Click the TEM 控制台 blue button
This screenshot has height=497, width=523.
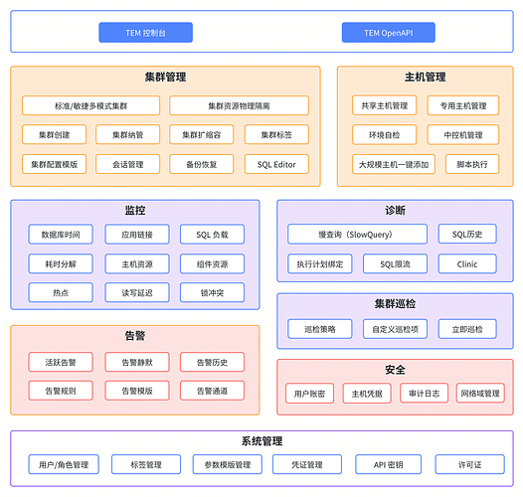pos(145,33)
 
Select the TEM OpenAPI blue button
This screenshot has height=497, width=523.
pos(388,33)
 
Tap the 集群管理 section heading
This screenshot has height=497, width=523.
pos(165,77)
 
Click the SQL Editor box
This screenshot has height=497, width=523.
pos(276,164)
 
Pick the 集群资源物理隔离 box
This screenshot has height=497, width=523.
pos(239,105)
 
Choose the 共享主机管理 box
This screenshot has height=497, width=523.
pos(384,105)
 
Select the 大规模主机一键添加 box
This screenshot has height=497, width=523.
pos(394,164)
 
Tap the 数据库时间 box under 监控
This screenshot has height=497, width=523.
pos(61,235)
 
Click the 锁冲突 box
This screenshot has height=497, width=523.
pos(212,293)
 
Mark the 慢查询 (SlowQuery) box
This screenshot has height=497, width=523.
pos(354,235)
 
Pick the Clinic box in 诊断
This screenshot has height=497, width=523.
pos(467,263)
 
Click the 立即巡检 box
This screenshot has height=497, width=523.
pos(465,328)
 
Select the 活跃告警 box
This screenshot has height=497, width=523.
pos(61,362)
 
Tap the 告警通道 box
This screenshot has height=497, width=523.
pos(212,391)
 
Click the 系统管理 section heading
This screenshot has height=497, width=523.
pos(261,440)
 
